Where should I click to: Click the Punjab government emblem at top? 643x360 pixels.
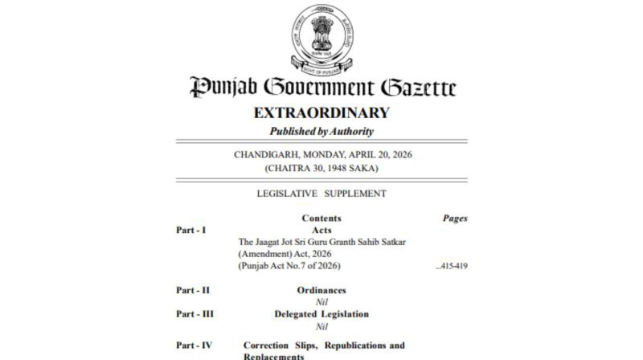click(x=321, y=37)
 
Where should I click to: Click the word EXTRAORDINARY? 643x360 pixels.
click(x=321, y=112)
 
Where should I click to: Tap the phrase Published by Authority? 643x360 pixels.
click(x=321, y=131)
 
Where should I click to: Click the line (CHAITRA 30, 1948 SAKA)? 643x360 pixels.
click(x=321, y=168)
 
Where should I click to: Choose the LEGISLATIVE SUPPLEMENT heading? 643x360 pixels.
click(x=321, y=194)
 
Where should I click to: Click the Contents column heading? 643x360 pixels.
click(x=321, y=219)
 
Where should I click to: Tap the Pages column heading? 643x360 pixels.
click(x=455, y=219)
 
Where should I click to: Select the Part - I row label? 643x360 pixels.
click(x=190, y=230)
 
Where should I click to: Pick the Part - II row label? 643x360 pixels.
click(x=193, y=290)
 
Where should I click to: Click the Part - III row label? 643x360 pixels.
click(x=195, y=314)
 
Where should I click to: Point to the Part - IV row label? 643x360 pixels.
click(x=195, y=346)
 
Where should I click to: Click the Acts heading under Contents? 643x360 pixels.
click(x=321, y=230)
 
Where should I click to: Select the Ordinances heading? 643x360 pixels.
click(x=321, y=290)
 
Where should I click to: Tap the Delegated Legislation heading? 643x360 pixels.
click(x=321, y=314)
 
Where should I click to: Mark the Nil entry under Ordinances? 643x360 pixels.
click(x=321, y=302)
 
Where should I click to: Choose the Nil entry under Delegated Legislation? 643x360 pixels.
click(x=321, y=326)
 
